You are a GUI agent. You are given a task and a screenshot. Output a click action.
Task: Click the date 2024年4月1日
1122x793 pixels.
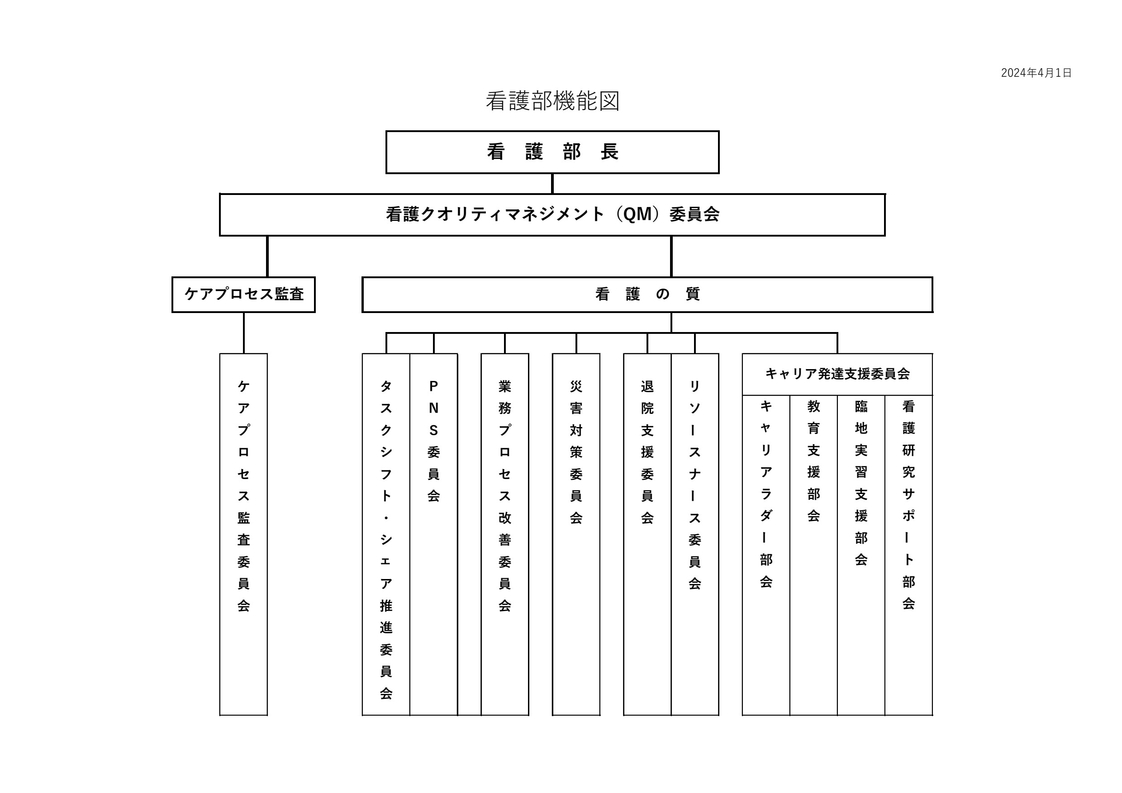pos(1036,73)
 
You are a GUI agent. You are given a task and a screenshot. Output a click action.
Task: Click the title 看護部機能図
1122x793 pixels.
pos(553,101)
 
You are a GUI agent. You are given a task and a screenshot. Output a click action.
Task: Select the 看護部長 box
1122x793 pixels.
pos(552,152)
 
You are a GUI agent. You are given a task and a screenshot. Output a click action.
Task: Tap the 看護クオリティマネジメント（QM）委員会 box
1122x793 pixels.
pos(552,214)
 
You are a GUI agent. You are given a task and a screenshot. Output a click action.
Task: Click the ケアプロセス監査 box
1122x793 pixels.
pos(243,294)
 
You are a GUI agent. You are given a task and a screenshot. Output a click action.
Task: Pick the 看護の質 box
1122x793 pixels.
pos(647,294)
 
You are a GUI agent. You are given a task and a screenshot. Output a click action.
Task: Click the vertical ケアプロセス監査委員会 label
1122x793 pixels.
pos(243,496)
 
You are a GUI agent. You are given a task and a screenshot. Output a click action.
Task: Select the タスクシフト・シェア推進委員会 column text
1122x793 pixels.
pos(386,540)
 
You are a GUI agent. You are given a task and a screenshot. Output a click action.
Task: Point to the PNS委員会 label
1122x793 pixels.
pos(433,441)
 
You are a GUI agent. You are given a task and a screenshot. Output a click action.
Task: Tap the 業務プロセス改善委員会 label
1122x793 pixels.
pos(505,496)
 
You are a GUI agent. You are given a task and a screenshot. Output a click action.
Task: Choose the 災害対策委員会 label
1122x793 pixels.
pos(576,452)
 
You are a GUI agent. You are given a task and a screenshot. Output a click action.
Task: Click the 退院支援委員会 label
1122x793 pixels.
pos(647,452)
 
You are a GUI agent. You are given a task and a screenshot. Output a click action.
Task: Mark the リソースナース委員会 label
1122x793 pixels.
pos(695,484)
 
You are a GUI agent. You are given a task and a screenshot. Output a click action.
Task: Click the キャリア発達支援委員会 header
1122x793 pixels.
pos(837,374)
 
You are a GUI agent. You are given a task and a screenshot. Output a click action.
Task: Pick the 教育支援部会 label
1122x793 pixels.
pos(813,461)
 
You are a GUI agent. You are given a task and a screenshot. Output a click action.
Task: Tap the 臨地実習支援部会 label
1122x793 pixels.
pos(861,483)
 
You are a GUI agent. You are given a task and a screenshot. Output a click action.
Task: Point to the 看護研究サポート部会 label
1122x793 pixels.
pos(908,505)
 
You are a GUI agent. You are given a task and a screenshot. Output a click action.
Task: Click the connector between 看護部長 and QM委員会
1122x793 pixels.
pos(552,184)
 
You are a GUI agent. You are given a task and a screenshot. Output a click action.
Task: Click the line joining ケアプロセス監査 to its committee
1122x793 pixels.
pos(243,333)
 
